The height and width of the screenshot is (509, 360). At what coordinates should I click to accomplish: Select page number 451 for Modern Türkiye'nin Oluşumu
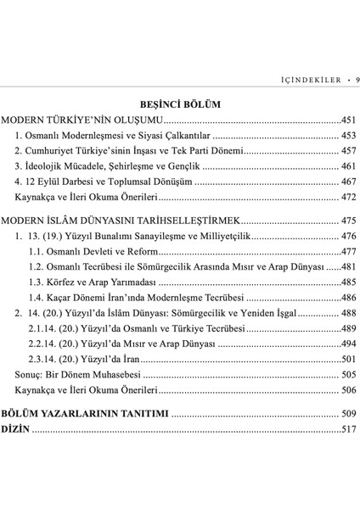pyautogui.click(x=349, y=120)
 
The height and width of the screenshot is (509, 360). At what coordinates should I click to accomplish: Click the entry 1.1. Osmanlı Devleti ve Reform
pyautogui.click(x=93, y=251)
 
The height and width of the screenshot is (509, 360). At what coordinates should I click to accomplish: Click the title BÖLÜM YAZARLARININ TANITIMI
pyautogui.click(x=85, y=414)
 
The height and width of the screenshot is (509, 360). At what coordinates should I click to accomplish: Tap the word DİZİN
pyautogui.click(x=15, y=429)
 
